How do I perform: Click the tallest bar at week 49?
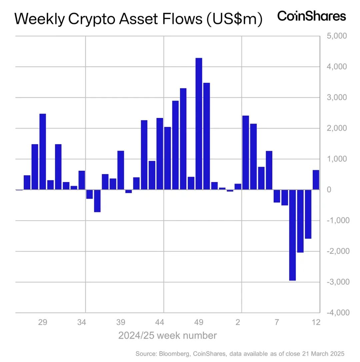(199, 124)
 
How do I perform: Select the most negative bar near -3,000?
(292, 235)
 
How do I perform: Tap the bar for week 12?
(316, 180)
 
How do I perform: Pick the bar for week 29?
(43, 152)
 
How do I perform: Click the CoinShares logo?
(312, 16)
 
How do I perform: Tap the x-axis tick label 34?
(82, 322)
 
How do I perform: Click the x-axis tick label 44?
(160, 322)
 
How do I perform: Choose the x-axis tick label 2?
(238, 322)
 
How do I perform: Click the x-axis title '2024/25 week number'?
(167, 335)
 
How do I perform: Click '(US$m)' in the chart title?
(233, 19)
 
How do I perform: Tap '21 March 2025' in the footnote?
(323, 353)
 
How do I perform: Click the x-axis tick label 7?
(277, 322)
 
